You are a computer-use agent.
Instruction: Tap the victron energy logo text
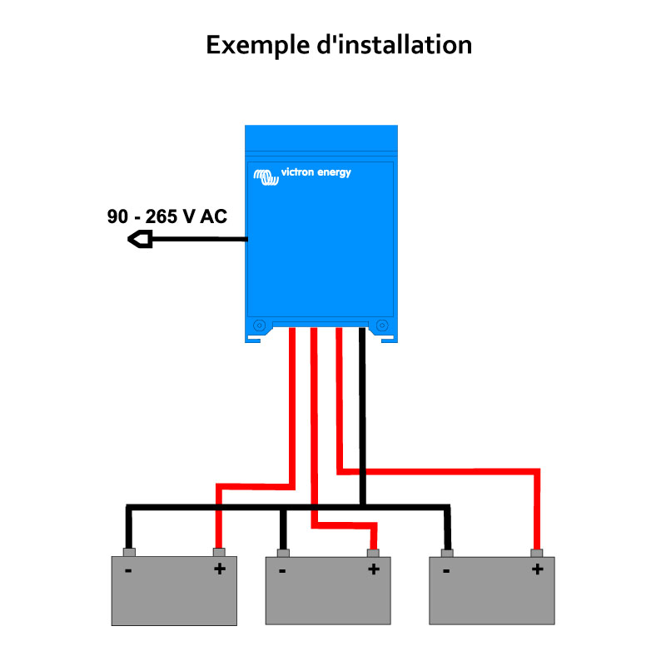click(x=316, y=173)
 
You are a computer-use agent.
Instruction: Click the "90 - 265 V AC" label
click(x=166, y=216)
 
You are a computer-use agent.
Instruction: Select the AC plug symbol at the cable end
click(x=141, y=241)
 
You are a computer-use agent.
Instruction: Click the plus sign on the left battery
click(x=220, y=569)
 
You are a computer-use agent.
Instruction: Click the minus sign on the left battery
click(x=128, y=570)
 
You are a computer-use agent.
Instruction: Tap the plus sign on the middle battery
click(x=373, y=569)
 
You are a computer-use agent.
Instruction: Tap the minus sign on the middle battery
click(x=282, y=570)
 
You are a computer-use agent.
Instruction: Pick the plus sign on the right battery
click(x=537, y=569)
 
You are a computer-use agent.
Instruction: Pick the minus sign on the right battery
click(x=447, y=570)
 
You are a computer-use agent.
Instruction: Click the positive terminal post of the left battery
click(x=220, y=552)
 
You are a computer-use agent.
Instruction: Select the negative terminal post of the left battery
click(x=128, y=552)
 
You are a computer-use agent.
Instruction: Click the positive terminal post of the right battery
click(x=537, y=552)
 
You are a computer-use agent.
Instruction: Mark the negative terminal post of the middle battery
click(x=283, y=552)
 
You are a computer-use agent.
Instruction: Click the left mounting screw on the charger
click(x=258, y=325)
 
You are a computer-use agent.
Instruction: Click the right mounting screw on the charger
click(x=382, y=325)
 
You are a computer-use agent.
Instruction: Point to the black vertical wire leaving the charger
click(x=362, y=400)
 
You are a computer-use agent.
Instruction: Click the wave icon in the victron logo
click(x=266, y=176)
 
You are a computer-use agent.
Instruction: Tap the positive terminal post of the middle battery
click(x=374, y=552)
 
